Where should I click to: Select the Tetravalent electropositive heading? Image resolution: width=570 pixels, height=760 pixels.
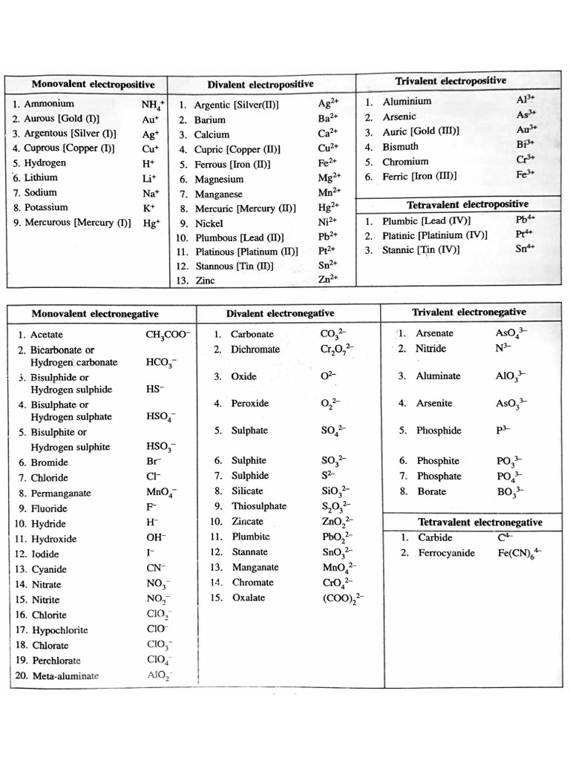coord(468,203)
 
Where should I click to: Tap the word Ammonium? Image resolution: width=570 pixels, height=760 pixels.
coord(49,104)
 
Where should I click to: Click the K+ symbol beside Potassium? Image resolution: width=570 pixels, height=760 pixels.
coord(149,208)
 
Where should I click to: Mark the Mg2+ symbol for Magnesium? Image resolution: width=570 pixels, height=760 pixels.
coord(329,178)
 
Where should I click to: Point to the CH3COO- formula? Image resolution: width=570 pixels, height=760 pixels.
coord(168,335)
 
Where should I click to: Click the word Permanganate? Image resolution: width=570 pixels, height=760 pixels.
coord(61,493)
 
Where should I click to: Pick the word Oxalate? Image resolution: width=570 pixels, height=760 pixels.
coord(248,597)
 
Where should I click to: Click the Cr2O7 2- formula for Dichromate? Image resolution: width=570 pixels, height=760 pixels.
coord(337,350)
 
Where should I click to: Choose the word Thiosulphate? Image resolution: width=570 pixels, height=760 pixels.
coord(259,506)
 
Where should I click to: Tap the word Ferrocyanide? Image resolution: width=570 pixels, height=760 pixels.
coord(446,553)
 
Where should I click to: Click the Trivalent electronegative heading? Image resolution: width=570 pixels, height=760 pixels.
coord(468,312)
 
